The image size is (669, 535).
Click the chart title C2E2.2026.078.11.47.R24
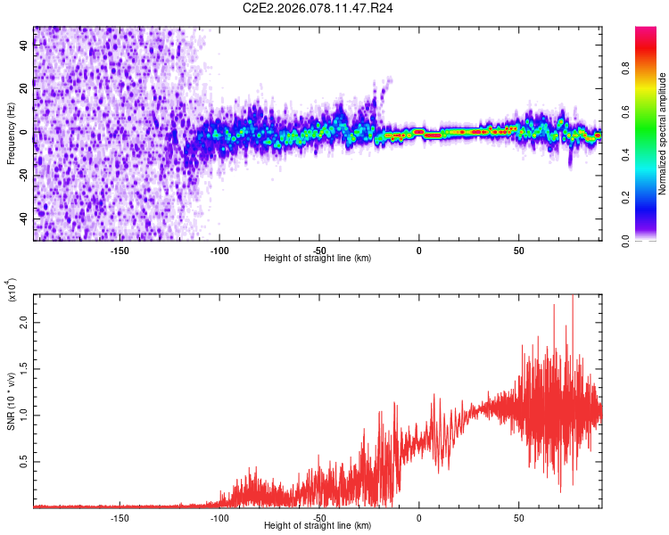[318, 8]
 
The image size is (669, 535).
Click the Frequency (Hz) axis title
[11, 134]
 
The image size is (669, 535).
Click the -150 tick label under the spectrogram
[120, 250]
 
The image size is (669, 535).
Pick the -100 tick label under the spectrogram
[219, 250]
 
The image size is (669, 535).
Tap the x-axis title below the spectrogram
[318, 259]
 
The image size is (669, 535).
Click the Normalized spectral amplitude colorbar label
[663, 134]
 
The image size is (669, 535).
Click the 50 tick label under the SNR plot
[519, 517]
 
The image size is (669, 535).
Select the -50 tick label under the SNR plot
[319, 517]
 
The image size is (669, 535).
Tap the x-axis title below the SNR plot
[318, 526]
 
